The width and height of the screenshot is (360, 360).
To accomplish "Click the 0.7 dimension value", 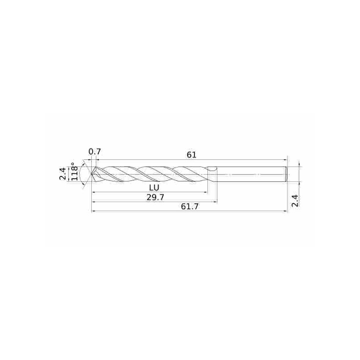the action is (94, 152).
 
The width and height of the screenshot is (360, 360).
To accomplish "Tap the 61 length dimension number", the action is (192, 155).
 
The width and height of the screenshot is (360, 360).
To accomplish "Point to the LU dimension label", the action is (154, 188).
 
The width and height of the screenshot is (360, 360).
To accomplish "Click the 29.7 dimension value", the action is (155, 198).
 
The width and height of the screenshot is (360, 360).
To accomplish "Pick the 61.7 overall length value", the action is (189, 207).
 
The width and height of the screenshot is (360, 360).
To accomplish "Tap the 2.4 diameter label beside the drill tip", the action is (63, 174).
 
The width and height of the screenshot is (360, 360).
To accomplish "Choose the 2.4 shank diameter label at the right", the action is (296, 201).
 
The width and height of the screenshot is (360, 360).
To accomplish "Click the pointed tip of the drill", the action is (92, 174).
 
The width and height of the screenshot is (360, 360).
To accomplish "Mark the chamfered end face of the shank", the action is (287, 174).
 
